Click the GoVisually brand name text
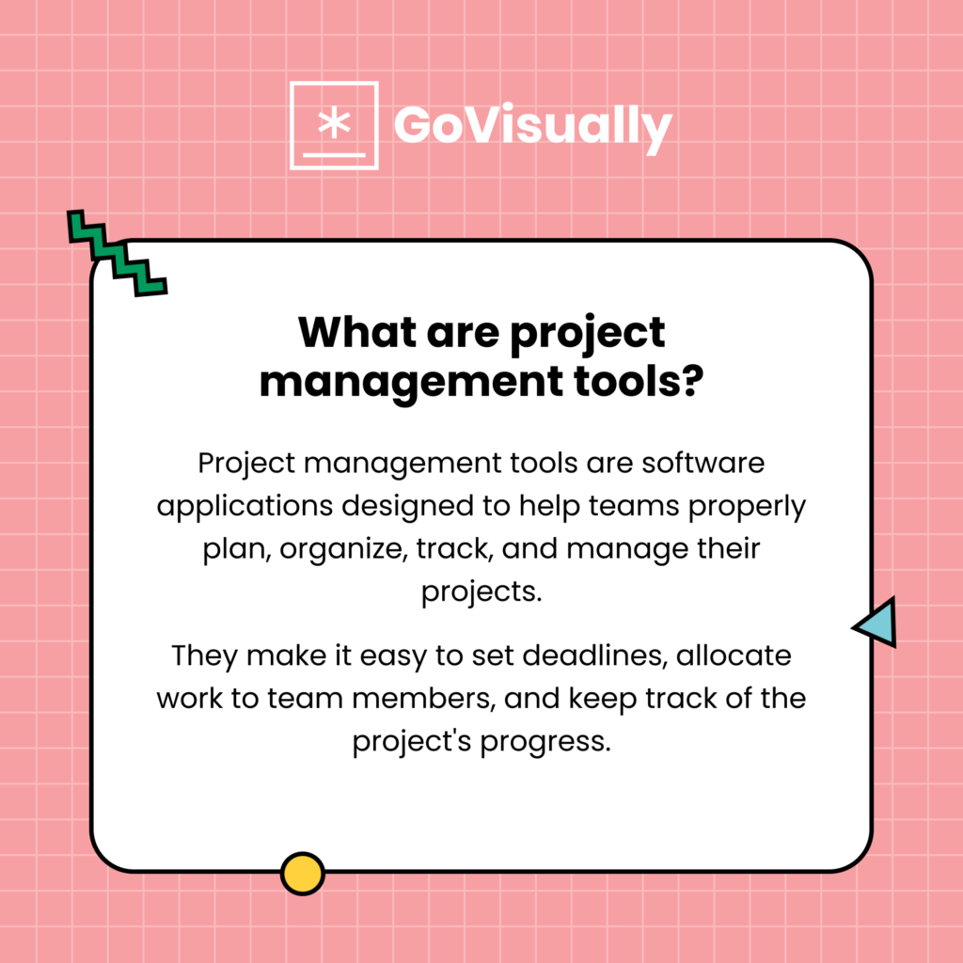[x=532, y=126]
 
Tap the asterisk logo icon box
[x=334, y=125]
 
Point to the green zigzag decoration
[x=117, y=252]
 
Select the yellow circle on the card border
[x=302, y=873]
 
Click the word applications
[x=246, y=506]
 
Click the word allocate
[x=738, y=655]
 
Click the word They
[x=204, y=655]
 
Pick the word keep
[x=571, y=699]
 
